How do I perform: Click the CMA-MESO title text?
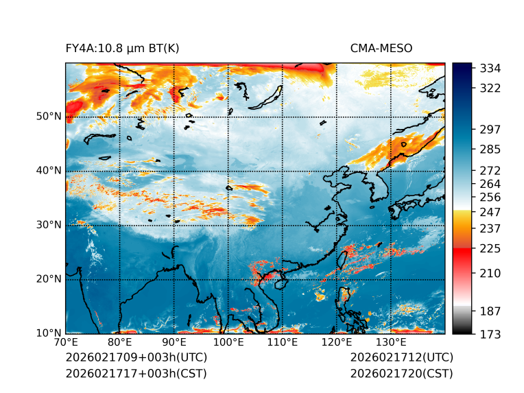[381, 48]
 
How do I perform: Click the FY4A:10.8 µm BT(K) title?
[122, 48]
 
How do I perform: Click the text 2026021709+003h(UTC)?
[136, 357]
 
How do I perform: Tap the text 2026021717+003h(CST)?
[136, 373]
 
